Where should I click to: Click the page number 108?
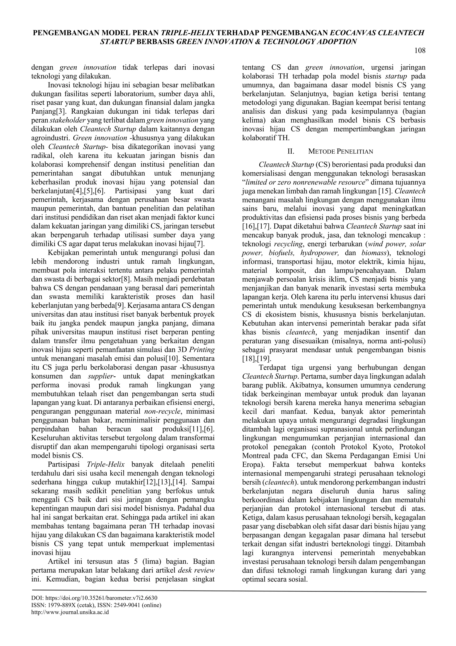pyautogui.click(x=420, y=51)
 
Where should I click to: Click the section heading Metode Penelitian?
pyautogui.click(x=340, y=151)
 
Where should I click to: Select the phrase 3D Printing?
pyautogui.click(x=196, y=350)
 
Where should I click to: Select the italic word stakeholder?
pyautogui.click(x=68, y=120)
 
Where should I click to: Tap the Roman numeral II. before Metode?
pyautogui.click(x=291, y=151)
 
